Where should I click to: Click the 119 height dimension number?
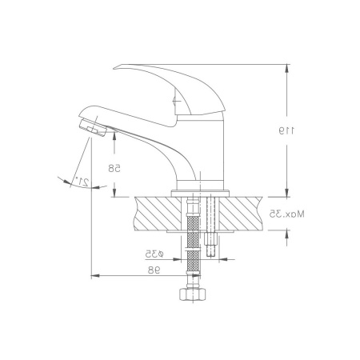pos(286,130)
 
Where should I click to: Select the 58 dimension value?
pos(114,169)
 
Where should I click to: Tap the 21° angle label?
pos(82,181)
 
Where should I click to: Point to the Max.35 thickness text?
pos(286,214)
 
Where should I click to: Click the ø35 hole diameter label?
pos(154,254)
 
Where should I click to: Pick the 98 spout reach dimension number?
pos(154,270)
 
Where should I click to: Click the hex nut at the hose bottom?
pos(193,294)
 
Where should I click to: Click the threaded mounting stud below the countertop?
pos(211,244)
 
